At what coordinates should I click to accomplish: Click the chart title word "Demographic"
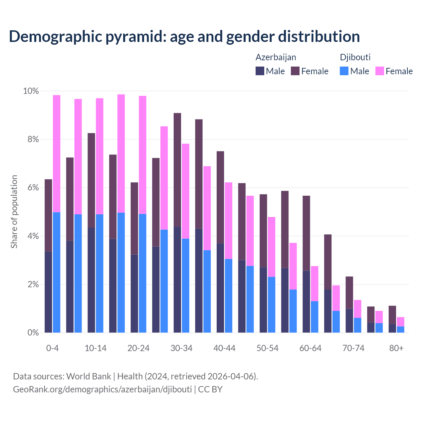tap(55, 37)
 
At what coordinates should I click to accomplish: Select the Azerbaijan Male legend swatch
tap(260, 71)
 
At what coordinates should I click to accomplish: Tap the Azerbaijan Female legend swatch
tap(295, 71)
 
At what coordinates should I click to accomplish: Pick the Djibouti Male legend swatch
tap(344, 71)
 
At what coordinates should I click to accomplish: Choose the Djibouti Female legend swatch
tap(379, 71)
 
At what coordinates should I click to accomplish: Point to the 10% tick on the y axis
tap(31, 91)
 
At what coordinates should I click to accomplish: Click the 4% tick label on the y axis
tap(33, 236)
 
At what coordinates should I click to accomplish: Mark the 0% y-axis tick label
tap(33, 333)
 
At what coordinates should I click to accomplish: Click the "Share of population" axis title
tap(14, 212)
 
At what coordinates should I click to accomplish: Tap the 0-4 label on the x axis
tap(53, 348)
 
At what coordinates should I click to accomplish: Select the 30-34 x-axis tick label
tap(181, 348)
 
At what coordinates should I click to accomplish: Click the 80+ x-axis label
tap(396, 348)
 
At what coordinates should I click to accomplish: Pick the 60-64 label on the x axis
tap(311, 348)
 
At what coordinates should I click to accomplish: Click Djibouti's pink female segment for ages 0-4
tap(57, 153)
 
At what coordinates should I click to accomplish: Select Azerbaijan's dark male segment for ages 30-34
tap(177, 280)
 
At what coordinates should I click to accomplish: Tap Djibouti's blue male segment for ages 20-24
tap(142, 273)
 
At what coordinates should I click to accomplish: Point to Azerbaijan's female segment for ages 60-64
tap(306, 233)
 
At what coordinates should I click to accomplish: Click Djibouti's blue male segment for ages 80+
tap(400, 329)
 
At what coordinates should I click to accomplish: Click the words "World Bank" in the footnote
tap(89, 376)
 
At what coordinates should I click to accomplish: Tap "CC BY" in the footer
tap(210, 389)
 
